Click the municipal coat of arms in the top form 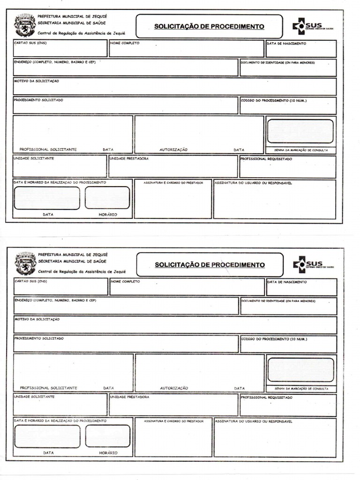25,25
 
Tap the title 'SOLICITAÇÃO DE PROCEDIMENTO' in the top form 209,27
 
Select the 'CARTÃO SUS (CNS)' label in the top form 30,43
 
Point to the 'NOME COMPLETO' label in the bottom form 126,282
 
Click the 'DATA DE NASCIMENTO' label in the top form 287,44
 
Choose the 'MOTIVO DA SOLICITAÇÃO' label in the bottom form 37,319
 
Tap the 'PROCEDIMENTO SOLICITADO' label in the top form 38,100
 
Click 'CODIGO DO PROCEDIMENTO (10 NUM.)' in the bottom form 274,338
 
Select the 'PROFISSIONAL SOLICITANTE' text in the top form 48,150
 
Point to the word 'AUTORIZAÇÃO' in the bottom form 174,388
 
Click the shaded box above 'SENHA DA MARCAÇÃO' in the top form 300,131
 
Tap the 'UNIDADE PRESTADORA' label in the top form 129,159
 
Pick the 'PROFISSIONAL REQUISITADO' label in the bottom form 267,397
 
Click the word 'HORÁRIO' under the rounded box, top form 108,214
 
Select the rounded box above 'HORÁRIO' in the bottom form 108,436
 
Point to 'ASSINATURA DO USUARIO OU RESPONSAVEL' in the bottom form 254,421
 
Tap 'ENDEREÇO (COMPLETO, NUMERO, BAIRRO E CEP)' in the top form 55,62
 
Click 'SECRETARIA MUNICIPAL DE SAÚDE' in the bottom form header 72,261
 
